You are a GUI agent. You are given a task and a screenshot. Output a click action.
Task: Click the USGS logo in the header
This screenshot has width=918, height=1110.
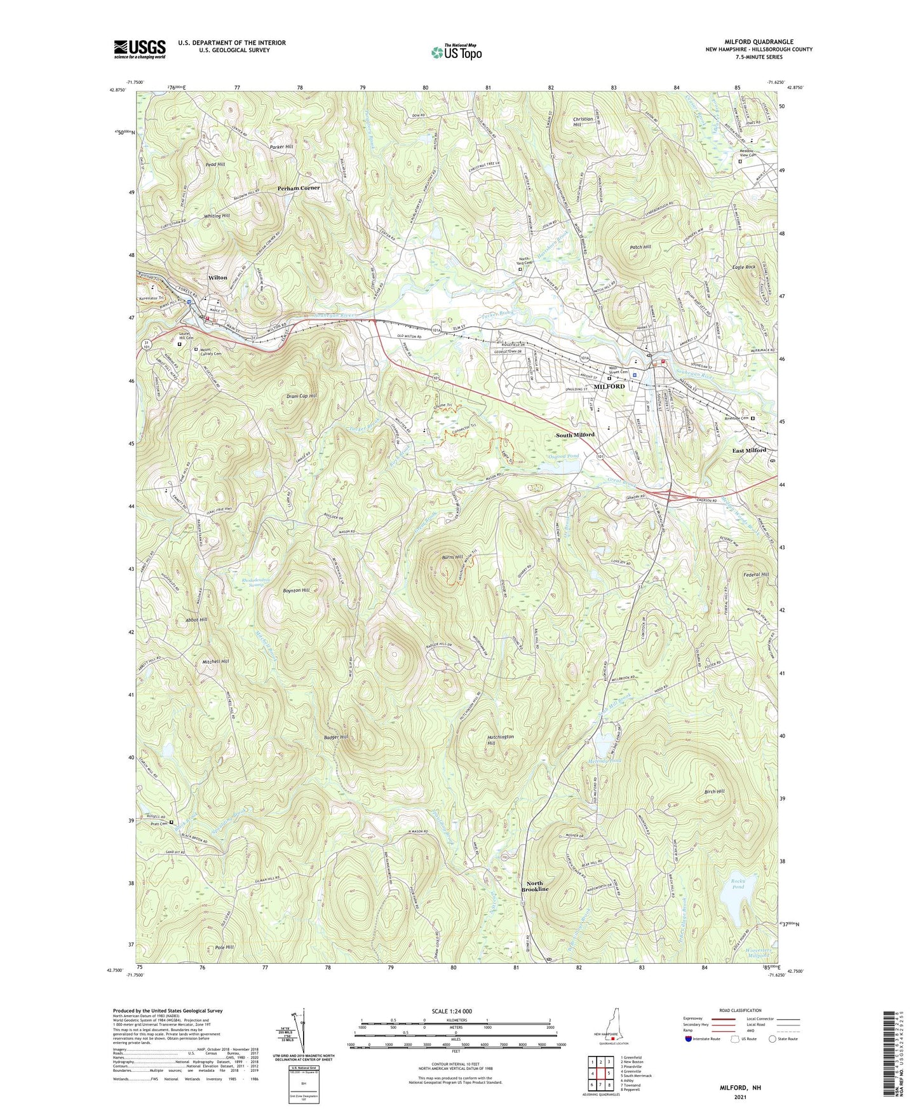(x=140, y=49)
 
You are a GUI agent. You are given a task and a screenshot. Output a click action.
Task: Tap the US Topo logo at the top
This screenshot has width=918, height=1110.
(x=456, y=52)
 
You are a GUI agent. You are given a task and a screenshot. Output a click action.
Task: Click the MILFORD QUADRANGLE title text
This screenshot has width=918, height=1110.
(x=759, y=42)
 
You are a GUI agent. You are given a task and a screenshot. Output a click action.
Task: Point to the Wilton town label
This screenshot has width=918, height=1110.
(x=218, y=278)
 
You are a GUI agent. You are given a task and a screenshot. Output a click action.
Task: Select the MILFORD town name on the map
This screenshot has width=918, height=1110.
(x=609, y=387)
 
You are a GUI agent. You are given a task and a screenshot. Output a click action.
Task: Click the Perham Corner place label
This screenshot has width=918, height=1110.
(x=299, y=188)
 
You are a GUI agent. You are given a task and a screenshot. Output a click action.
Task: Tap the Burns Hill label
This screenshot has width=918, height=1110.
(x=453, y=557)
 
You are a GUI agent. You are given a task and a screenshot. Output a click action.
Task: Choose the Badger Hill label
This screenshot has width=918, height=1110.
(x=335, y=737)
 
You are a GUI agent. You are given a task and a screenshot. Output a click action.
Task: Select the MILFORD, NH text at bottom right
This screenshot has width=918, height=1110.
(x=740, y=1088)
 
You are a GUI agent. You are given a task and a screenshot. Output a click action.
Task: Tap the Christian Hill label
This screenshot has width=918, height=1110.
(x=583, y=121)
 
